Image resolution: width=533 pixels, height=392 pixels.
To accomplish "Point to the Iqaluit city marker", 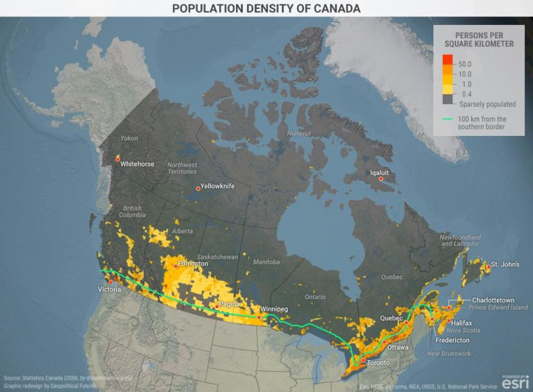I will (x=380, y=179).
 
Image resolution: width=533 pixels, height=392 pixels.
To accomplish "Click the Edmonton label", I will (x=193, y=264).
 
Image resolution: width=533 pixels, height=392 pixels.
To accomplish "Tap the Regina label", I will (x=229, y=304).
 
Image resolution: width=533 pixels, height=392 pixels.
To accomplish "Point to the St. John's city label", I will (x=505, y=265).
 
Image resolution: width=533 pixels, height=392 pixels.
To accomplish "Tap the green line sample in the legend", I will (x=448, y=119).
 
